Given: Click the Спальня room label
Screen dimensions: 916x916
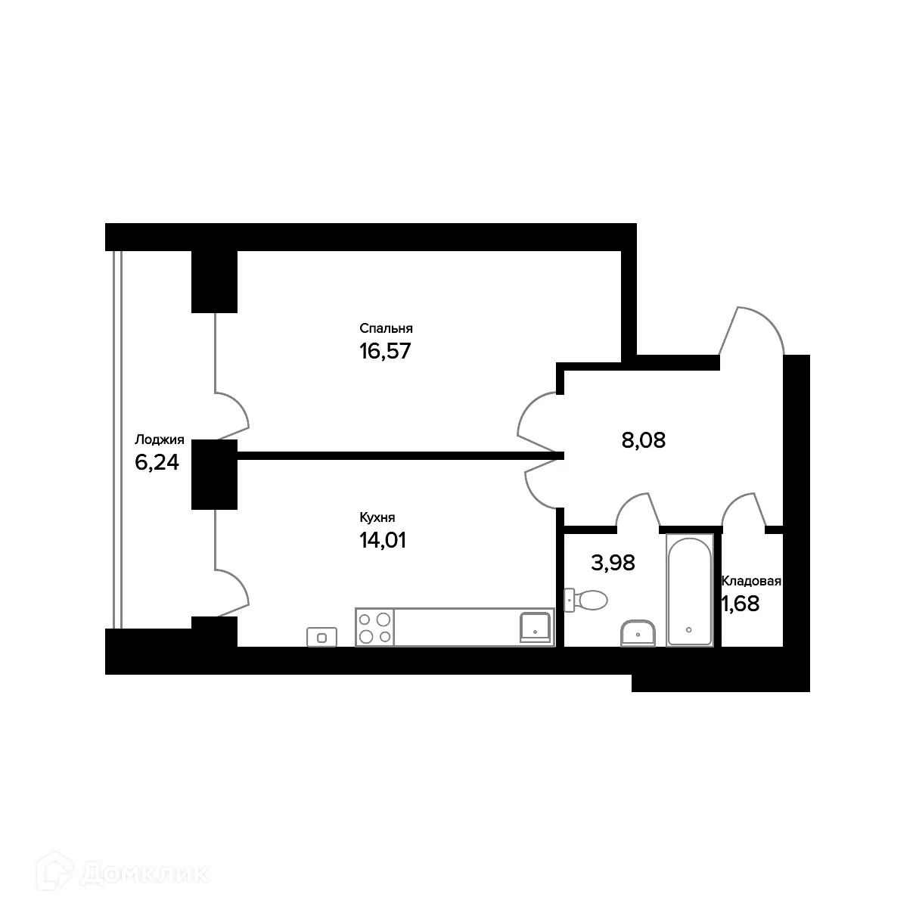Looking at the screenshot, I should tap(386, 328).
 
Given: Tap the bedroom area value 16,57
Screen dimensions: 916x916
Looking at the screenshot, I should tap(385, 351).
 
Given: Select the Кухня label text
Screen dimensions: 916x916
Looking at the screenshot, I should tap(377, 518).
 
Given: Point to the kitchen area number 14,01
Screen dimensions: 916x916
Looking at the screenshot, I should tap(383, 540).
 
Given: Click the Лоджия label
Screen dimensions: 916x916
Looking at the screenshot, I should tap(159, 439).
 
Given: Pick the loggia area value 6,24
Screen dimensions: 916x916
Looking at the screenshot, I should tap(157, 462).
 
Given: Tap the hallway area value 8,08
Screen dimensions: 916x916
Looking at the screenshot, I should tap(643, 440).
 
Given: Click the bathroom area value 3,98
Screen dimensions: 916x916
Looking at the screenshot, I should tap(612, 563).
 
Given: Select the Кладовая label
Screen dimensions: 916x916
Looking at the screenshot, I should tap(751, 582).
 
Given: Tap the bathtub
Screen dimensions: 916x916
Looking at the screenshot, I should tap(689, 590).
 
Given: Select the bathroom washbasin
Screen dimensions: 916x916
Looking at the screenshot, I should tap(638, 632).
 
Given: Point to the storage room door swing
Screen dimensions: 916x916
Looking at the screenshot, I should tap(744, 509).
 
